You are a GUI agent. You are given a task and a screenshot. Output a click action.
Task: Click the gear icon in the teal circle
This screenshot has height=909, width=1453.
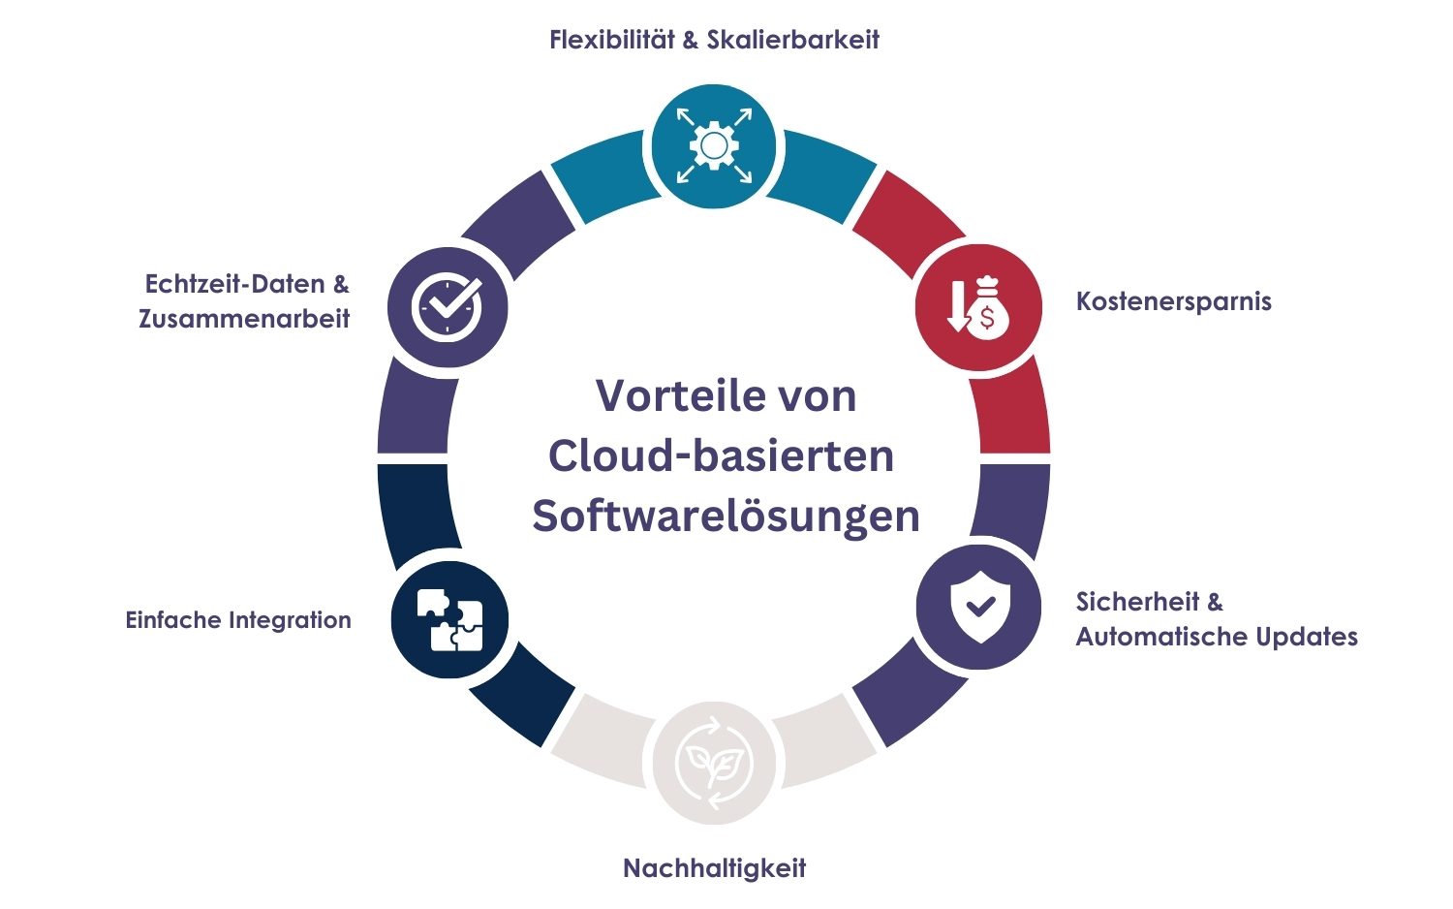click(x=714, y=146)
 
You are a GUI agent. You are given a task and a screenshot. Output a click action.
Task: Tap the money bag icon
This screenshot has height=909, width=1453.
click(x=987, y=307)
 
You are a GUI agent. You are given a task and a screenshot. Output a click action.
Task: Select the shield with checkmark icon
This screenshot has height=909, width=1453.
click(x=979, y=607)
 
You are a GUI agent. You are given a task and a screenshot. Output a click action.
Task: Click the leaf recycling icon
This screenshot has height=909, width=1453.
click(x=714, y=763)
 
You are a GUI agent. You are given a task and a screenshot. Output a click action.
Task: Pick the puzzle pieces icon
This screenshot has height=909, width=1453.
click(x=449, y=619)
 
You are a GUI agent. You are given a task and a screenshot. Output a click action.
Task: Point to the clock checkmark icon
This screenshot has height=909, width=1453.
click(x=447, y=307)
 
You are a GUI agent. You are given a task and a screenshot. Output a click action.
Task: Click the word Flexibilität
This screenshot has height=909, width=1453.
click(x=611, y=40)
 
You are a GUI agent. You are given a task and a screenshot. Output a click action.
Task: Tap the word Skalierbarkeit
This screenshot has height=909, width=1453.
click(x=792, y=40)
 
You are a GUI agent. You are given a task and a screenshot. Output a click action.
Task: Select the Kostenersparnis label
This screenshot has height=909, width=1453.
click(x=1173, y=301)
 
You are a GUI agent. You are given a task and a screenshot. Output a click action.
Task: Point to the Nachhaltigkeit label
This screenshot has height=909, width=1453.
click(x=714, y=868)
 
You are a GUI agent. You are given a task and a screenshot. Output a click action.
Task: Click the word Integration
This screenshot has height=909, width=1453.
click(x=290, y=620)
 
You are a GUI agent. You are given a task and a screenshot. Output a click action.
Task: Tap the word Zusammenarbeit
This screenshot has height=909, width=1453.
click(x=244, y=319)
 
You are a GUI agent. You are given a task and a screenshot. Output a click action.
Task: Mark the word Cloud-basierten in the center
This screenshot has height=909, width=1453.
click(x=722, y=455)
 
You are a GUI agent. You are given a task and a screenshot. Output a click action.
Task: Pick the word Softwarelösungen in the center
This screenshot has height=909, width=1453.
click(x=726, y=517)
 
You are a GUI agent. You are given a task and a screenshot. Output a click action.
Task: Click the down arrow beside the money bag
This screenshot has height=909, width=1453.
click(x=957, y=306)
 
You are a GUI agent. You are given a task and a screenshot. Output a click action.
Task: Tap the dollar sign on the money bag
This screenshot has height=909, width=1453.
click(x=987, y=318)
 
